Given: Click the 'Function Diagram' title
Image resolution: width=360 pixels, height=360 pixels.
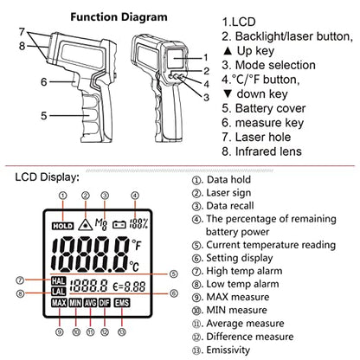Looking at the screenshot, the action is pos(119,17).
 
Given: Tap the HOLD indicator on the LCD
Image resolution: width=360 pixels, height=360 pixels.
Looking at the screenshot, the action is pos(63,226).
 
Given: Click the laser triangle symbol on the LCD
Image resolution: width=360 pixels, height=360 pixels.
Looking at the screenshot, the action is pos(85,224).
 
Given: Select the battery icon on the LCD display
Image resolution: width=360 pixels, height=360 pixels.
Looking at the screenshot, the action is pos(119,224).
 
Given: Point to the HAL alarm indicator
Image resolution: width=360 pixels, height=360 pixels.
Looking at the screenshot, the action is pos(59,280).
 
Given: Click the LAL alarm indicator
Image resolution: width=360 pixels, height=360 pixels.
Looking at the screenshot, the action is pos(59,291).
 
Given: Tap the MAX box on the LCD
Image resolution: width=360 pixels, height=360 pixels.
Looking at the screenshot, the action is pos(59,303).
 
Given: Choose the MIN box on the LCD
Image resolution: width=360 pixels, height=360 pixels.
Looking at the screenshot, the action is pos(75,303).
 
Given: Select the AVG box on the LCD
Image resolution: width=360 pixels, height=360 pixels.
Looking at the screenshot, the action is pos(90,303).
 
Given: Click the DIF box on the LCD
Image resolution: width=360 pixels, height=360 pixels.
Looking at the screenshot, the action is pos(105,303).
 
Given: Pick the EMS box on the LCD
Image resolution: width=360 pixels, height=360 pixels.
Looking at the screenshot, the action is pos(122,303).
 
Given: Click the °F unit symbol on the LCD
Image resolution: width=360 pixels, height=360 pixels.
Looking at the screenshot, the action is pos(137,245).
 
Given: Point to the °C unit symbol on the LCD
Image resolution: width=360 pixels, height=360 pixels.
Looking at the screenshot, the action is pos(134,266).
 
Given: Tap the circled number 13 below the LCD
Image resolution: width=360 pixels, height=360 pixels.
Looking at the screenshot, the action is pos(122,332).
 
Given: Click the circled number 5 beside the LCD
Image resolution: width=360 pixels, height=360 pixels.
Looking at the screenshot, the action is pos(173,273).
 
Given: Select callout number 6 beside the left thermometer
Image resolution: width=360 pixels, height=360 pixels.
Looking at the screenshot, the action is pos(43,82).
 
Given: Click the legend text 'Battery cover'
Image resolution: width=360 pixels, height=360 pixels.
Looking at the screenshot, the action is pos(270,108).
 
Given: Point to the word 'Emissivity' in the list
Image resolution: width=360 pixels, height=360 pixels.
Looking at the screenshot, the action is pos(228,350).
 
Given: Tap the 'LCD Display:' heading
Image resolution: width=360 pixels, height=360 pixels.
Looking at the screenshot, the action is pos(47,177).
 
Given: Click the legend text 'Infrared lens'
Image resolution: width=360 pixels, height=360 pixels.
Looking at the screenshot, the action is pos(268,151).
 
